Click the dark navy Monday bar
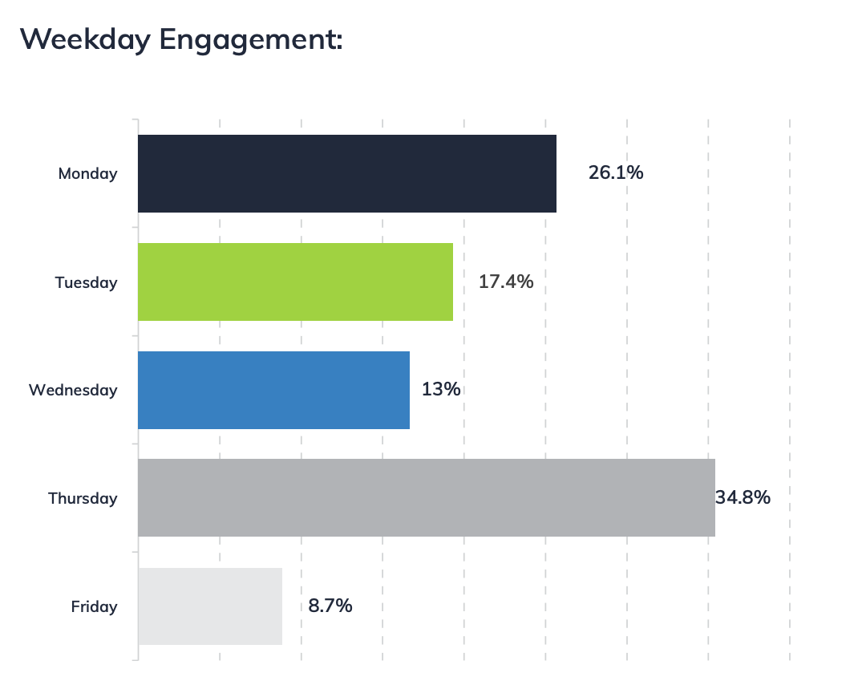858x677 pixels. point(346,173)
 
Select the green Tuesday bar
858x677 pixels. point(295,282)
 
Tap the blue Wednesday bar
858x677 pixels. point(273,390)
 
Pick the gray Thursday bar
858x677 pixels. point(426,497)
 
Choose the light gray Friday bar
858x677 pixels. point(210,606)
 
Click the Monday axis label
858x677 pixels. point(87,173)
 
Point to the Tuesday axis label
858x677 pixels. point(86,282)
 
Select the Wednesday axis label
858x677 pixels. point(73,391)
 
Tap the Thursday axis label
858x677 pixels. point(83,498)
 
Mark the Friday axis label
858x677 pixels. point(94,606)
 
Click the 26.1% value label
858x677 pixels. point(616,172)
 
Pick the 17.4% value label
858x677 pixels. point(506,282)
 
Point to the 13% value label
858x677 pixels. point(442,390)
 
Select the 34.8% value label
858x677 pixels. point(743,497)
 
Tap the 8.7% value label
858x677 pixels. point(330,606)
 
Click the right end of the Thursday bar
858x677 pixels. point(713,497)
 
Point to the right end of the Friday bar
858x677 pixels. point(281,606)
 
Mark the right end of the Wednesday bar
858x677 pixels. point(408,390)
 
